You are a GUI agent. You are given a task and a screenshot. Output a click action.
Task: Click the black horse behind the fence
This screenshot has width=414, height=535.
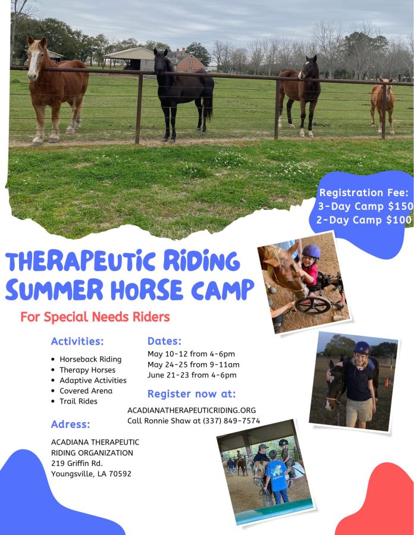pos(183,92)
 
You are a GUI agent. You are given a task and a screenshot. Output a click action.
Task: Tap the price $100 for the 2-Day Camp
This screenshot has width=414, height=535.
pos(399,220)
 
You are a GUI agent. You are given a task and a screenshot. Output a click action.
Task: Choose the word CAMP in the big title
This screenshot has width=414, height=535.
pos(222,290)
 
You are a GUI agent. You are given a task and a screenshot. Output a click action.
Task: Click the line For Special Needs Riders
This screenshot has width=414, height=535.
pos(95,317)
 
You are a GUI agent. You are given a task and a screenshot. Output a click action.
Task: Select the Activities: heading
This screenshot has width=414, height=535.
pos(77,341)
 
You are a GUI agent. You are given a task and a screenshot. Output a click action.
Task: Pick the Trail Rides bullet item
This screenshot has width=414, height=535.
pos(78,401)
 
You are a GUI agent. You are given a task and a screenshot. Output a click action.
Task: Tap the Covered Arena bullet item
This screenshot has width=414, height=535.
pos(86,391)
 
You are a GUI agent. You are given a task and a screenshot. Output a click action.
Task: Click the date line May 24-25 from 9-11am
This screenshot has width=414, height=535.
pos(193,364)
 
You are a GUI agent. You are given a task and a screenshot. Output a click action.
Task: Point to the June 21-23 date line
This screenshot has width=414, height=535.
pos(192,375)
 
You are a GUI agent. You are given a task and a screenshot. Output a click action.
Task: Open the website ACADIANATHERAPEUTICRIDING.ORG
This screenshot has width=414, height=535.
pos(192,410)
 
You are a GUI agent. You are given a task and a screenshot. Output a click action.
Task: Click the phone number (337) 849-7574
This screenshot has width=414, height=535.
pos(231,421)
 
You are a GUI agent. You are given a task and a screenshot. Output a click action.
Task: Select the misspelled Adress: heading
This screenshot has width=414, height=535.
pos(70,424)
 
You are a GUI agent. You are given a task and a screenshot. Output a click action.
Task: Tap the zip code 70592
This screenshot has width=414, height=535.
pos(120,474)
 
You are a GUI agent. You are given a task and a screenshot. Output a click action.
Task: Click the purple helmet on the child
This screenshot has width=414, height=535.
pos(311,251)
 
